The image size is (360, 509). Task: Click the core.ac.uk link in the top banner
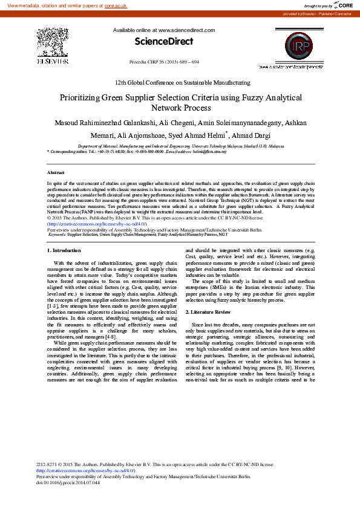click(x=116, y=5)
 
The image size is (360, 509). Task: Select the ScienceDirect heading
click(x=163, y=42)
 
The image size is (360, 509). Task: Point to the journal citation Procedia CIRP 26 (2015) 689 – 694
click(x=164, y=62)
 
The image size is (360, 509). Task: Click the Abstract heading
click(x=56, y=173)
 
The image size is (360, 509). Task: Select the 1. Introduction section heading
click(x=64, y=250)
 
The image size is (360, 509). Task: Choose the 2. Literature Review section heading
click(x=208, y=311)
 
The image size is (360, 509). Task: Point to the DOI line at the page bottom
click(x=67, y=482)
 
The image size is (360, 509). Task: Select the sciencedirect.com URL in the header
click(x=186, y=30)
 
